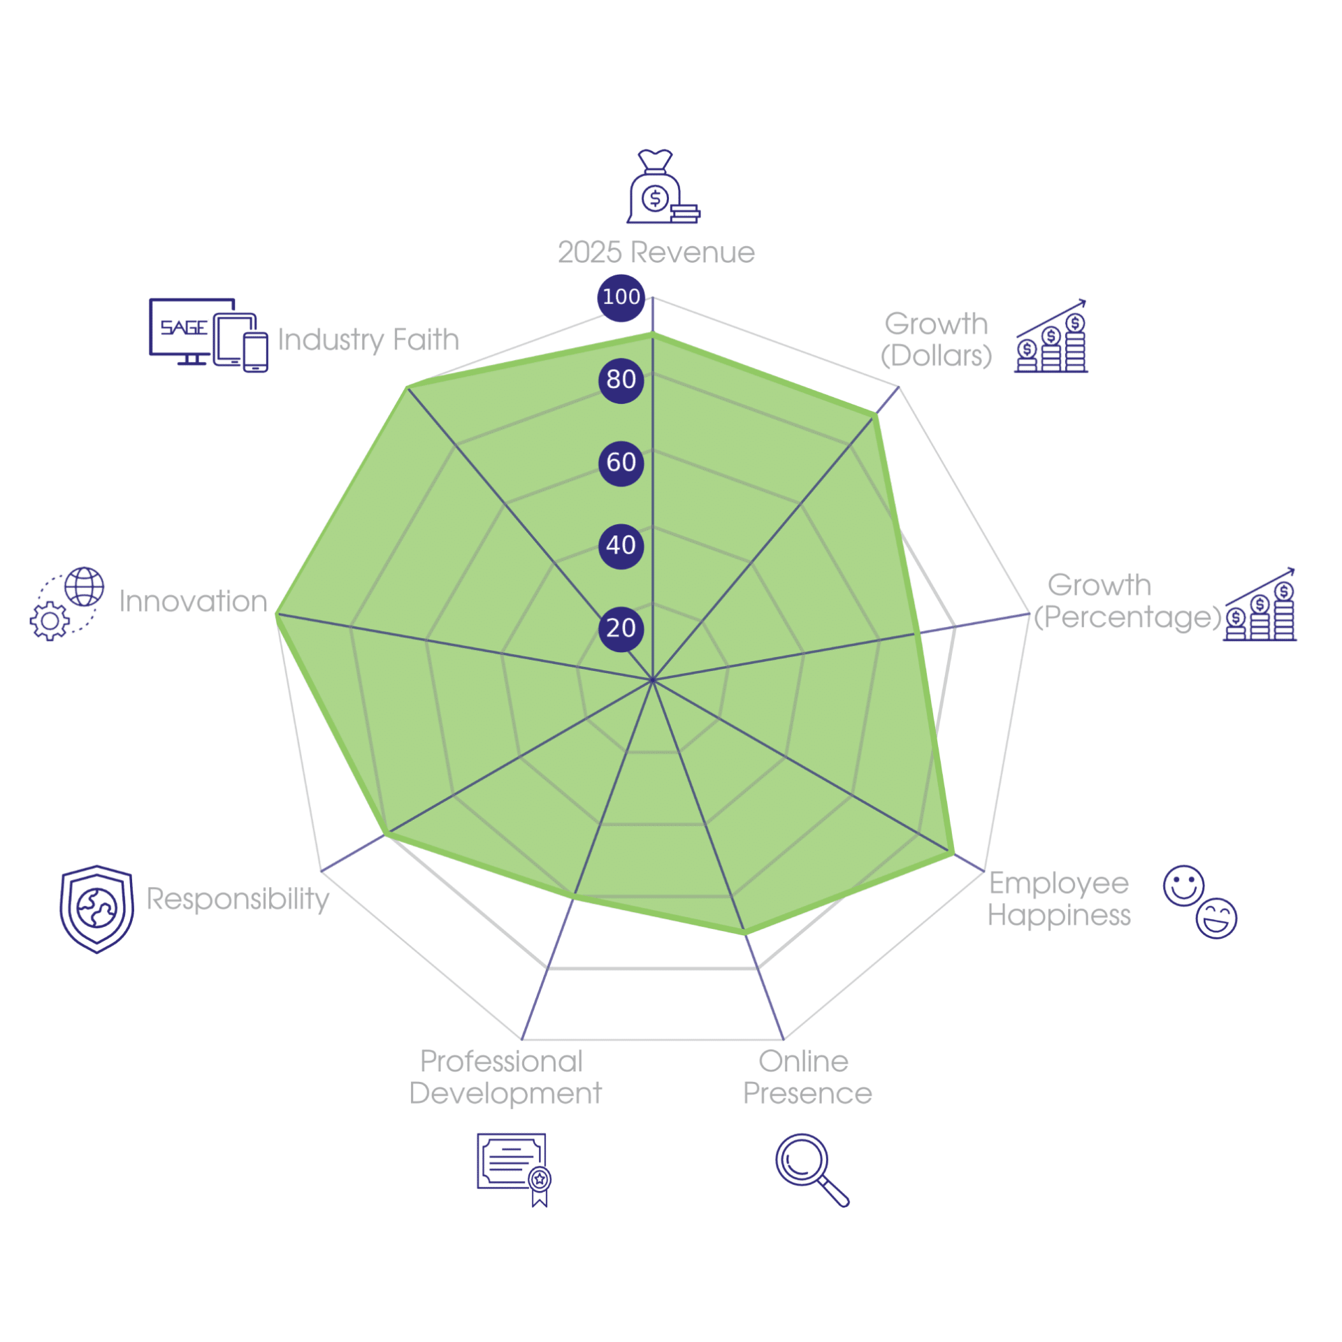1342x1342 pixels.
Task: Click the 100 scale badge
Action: pos(621,297)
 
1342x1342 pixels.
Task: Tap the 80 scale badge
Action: pos(621,380)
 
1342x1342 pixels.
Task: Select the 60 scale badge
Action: pos(621,462)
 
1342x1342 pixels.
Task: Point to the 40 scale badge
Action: pos(621,544)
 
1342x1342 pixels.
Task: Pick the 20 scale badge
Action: pos(621,627)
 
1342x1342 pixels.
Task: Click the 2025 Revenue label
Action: pos(656,252)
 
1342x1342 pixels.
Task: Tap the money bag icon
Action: pos(663,186)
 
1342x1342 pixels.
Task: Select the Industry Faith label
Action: pos(368,340)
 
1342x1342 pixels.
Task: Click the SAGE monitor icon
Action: pos(208,335)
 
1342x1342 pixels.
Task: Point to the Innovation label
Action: pos(193,601)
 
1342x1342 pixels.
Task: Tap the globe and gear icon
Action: pos(67,603)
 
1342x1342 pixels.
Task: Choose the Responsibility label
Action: pos(238,900)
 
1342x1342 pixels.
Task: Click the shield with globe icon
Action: pos(96,909)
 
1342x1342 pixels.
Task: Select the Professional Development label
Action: pos(505,1077)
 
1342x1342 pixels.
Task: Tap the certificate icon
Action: pos(514,1169)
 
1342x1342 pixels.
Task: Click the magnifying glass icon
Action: pos(811,1169)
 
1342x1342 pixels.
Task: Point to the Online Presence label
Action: pos(807,1077)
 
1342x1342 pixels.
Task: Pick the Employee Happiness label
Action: pos(1058,900)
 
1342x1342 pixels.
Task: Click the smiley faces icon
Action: pos(1199,902)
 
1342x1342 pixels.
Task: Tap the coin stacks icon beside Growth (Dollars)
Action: pos(1051,335)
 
